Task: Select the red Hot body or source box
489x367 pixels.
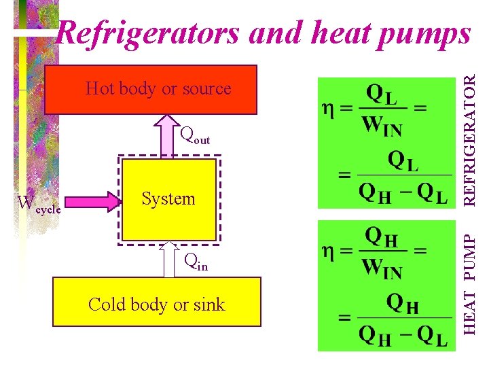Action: pos(151,89)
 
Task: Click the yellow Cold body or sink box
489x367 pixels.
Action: pos(156,304)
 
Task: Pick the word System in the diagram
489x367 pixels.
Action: pos(168,199)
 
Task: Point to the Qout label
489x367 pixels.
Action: pos(195,136)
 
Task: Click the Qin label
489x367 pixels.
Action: pos(196,263)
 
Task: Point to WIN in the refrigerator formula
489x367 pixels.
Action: pos(382,126)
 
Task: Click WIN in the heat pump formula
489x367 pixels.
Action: pos(382,270)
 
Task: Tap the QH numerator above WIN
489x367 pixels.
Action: pos(382,237)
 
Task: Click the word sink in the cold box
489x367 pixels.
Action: pos(209,304)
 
